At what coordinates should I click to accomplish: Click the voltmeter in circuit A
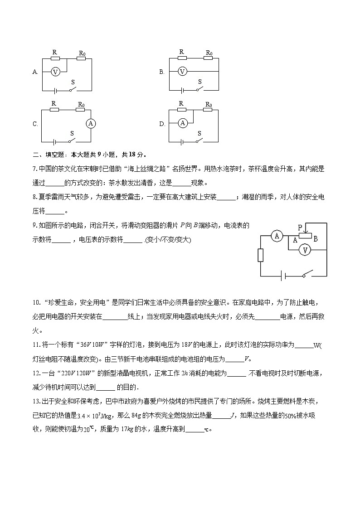click(55, 72)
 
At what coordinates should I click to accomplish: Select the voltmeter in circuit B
click(182, 72)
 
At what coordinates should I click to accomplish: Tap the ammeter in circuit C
click(91, 123)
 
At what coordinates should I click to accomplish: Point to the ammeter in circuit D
click(182, 123)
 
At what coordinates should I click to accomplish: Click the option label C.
click(35, 124)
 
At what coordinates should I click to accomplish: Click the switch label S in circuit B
click(199, 81)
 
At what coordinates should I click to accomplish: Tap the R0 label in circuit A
click(82, 53)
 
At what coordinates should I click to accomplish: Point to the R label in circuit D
click(181, 104)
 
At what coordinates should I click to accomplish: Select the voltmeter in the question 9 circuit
click(306, 250)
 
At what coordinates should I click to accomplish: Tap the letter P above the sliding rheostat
click(300, 226)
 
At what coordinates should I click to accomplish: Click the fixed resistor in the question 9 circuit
click(260, 255)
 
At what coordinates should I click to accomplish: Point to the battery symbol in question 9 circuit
click(282, 276)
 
